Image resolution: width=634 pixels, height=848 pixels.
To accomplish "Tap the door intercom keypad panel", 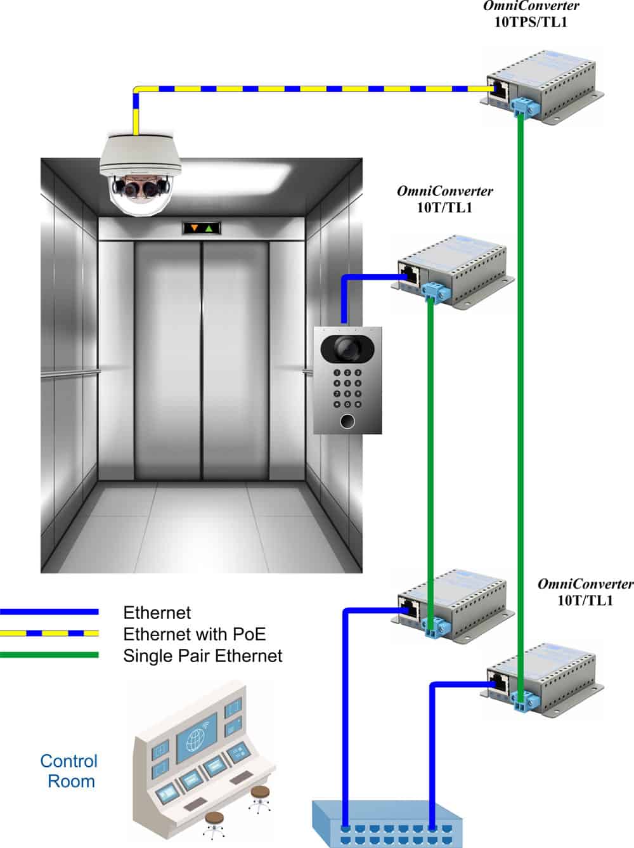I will [x=348, y=380].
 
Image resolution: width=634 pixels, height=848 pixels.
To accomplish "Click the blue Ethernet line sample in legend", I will [x=49, y=612].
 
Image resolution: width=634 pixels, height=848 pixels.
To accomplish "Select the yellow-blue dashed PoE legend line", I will [x=49, y=633].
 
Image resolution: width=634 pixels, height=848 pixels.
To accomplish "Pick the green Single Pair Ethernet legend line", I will [x=49, y=655].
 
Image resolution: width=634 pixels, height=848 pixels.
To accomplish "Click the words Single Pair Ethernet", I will [x=202, y=655].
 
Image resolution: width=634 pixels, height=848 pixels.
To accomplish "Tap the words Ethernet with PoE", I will [x=194, y=634].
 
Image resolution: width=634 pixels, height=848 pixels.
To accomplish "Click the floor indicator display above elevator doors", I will [x=201, y=228].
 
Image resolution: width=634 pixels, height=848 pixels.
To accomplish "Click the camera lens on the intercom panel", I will [x=347, y=347].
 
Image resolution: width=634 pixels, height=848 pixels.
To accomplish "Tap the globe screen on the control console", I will [x=197, y=741].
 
